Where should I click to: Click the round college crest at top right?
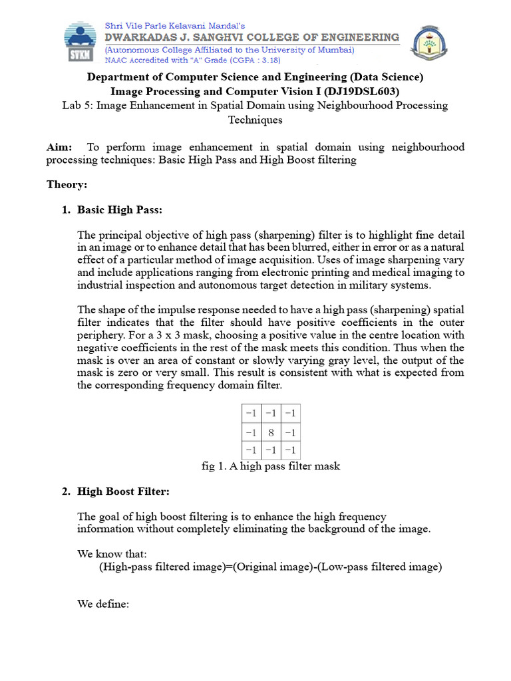432,44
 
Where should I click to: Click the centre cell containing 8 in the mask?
271,432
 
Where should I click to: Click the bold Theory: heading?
67,184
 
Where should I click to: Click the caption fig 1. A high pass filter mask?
271,466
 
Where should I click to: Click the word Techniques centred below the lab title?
255,120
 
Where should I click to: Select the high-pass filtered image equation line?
270,567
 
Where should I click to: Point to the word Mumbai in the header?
335,50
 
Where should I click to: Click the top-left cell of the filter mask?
252,414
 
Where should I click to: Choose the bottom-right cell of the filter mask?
290,450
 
